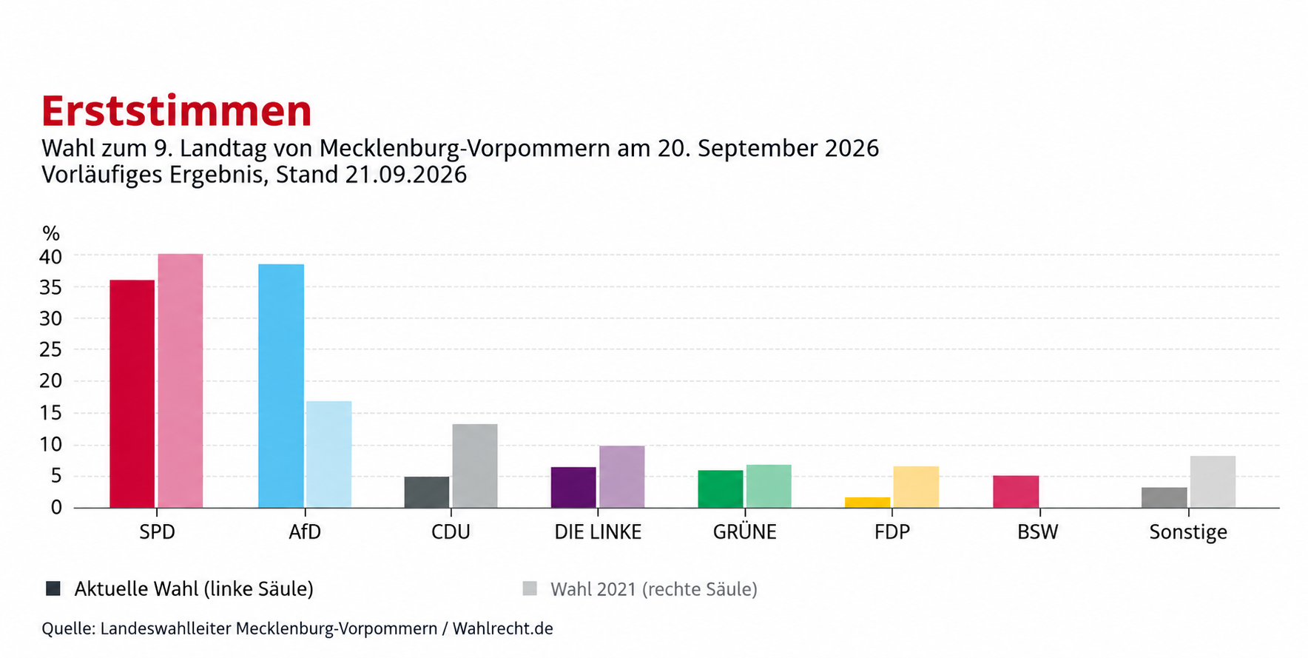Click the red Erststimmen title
pyautogui.click(x=176, y=111)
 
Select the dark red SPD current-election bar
pyautogui.click(x=132, y=394)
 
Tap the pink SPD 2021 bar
pyautogui.click(x=181, y=380)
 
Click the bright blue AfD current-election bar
pyautogui.click(x=281, y=386)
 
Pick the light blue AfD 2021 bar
pyautogui.click(x=329, y=454)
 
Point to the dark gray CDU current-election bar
pyautogui.click(x=427, y=492)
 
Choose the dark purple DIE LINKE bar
pyautogui.click(x=573, y=487)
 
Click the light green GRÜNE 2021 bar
pyautogui.click(x=769, y=486)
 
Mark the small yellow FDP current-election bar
pyautogui.click(x=868, y=503)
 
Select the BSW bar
pyautogui.click(x=1016, y=491)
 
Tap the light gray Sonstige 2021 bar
pyautogui.click(x=1213, y=482)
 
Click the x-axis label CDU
pyautogui.click(x=451, y=532)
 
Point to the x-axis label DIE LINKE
pyautogui.click(x=598, y=532)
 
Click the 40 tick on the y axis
pyautogui.click(x=51, y=257)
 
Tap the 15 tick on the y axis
pyautogui.click(x=51, y=413)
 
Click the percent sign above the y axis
pyautogui.click(x=51, y=234)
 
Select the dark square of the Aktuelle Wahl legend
pyautogui.click(x=53, y=588)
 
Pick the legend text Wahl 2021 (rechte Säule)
pyautogui.click(x=654, y=590)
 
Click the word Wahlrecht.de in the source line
pyautogui.click(x=503, y=628)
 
